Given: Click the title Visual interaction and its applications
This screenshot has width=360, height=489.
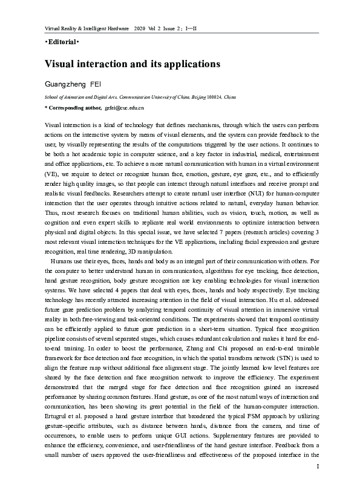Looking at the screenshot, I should (132, 63).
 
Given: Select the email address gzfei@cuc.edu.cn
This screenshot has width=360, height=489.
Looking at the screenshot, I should (125, 107).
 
